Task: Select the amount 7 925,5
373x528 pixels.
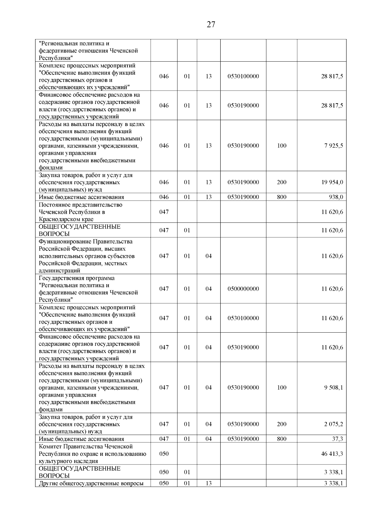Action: (334, 146)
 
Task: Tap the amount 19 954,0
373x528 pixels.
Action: (332, 182)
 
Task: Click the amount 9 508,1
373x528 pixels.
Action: (334, 387)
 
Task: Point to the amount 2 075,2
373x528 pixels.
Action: (334, 424)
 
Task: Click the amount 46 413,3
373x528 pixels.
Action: (332, 454)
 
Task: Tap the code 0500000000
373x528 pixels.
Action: (243, 289)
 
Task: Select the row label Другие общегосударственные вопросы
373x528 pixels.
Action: (91, 483)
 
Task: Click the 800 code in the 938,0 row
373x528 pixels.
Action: (282, 197)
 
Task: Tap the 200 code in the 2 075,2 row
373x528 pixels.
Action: (282, 424)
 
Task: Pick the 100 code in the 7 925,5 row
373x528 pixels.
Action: (282, 146)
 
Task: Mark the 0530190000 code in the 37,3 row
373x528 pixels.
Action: (243, 439)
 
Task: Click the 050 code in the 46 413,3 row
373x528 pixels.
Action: (164, 454)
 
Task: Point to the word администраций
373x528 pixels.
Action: (59, 271)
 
